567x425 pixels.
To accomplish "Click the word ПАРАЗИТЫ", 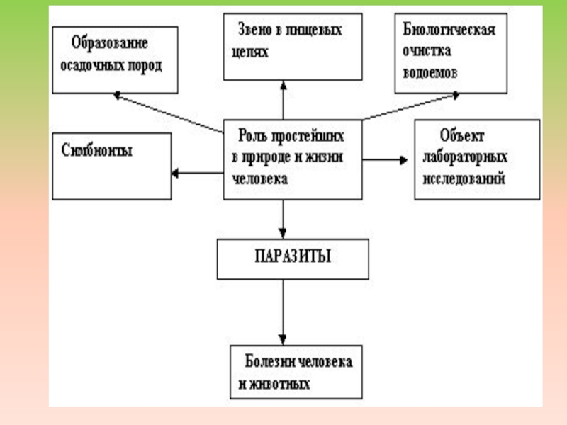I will pyautogui.click(x=293, y=256).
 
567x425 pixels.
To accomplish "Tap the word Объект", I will pyautogui.click(x=461, y=134).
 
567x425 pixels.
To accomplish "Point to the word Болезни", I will pyautogui.click(x=269, y=361).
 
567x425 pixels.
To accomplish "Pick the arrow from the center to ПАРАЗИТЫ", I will pyautogui.click(x=283, y=219).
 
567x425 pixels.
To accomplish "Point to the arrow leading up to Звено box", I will pyautogui.click(x=283, y=99).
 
